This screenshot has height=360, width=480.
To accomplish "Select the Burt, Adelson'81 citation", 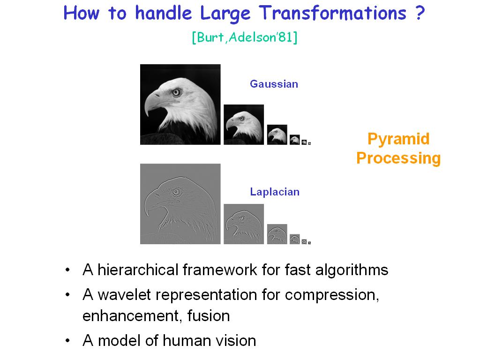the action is (245, 37).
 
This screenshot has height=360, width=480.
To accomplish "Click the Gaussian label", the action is (274, 84).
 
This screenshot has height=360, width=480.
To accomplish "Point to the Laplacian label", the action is (275, 192).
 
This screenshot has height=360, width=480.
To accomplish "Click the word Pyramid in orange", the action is (398, 139).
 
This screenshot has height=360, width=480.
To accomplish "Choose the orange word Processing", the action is (398, 158).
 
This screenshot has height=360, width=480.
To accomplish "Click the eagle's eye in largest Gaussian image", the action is (176, 92).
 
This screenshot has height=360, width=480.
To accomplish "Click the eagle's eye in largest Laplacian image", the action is (176, 192).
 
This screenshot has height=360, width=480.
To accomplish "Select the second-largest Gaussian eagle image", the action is (244, 125).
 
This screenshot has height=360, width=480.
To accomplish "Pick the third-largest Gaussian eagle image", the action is (277, 135).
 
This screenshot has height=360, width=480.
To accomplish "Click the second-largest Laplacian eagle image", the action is (244, 224).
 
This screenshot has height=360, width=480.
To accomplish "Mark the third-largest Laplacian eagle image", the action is (277, 234).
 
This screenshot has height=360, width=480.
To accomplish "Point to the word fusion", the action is (209, 315).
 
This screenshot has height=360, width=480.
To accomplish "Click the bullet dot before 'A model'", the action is (67, 340).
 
